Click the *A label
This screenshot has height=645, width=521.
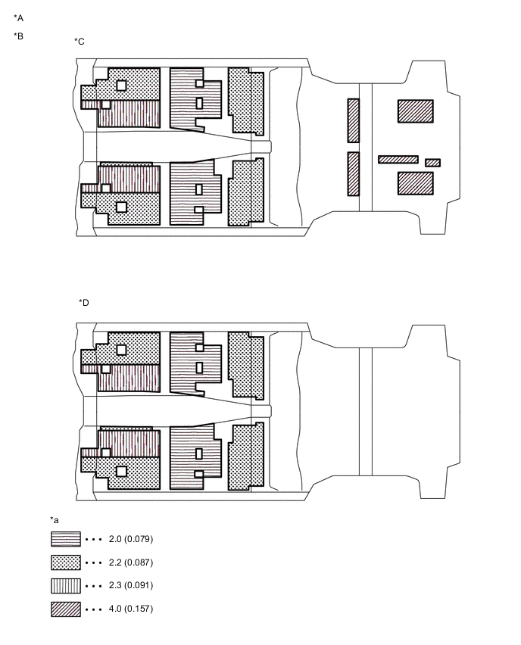[x=18, y=18]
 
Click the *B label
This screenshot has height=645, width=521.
[x=18, y=36]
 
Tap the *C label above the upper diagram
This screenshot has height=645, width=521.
[x=80, y=42]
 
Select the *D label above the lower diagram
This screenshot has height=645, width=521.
[x=84, y=303]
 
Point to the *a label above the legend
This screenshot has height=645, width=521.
[x=55, y=520]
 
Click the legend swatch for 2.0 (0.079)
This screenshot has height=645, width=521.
[x=66, y=539]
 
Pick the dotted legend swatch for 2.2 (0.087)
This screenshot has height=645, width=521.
[x=66, y=562]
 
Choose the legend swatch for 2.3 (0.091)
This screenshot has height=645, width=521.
[x=66, y=586]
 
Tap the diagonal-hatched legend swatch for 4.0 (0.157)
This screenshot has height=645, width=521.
[x=66, y=609]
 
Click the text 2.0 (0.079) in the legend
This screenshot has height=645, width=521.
[x=131, y=539]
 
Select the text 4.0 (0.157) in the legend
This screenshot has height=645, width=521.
[x=131, y=609]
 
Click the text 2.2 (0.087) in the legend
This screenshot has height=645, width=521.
[x=131, y=562]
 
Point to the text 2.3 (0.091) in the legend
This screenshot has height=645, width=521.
[x=131, y=585]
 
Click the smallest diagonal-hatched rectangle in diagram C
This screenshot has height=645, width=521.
[x=432, y=163]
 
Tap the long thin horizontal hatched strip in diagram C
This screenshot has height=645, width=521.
[x=398, y=160]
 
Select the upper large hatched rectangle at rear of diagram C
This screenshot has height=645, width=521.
[x=416, y=111]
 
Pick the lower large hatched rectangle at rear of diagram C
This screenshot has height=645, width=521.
[x=416, y=183]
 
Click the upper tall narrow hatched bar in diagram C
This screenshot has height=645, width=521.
[x=353, y=120]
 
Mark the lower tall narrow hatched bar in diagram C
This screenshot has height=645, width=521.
[x=353, y=174]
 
